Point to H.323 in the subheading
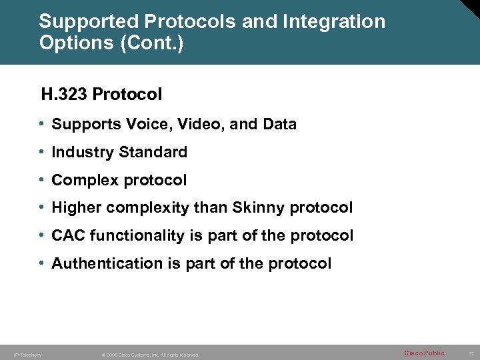pyautogui.click(x=64, y=95)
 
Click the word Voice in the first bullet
pyautogui.click(x=134, y=125)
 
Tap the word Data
pyautogui.click(x=279, y=125)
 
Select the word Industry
pyautogui.click(x=83, y=152)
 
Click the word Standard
pyautogui.click(x=153, y=152)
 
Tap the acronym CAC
pyautogui.click(x=69, y=235)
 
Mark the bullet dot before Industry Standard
pyautogui.click(x=41, y=152)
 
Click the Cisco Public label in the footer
pyautogui.click(x=424, y=353)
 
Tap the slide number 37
pyautogui.click(x=471, y=353)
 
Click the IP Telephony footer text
pyautogui.click(x=27, y=355)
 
